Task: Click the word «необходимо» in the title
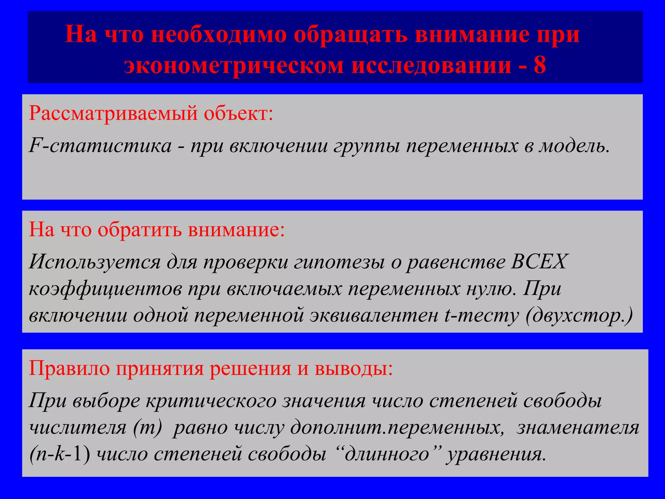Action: coord(219,34)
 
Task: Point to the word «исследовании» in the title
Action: coord(432,65)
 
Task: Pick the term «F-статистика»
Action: coord(100,146)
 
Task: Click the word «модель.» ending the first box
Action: coord(574,146)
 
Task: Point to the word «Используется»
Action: coord(94,262)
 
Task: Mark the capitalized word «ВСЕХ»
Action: coord(539,261)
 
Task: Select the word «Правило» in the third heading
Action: coord(69,369)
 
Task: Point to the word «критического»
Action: coord(211,401)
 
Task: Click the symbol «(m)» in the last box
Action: coord(147,428)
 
